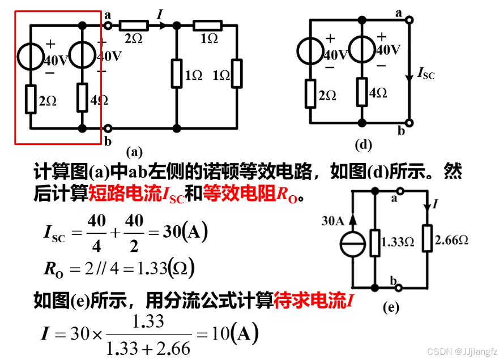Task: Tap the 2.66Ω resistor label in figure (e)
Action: (451, 241)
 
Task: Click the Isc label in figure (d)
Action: (425, 72)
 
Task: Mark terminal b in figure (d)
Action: (402, 132)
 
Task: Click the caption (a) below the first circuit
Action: (135, 151)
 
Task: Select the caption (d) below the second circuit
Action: (363, 144)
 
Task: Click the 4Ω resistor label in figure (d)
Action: (378, 93)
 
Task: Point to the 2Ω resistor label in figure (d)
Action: (327, 96)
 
